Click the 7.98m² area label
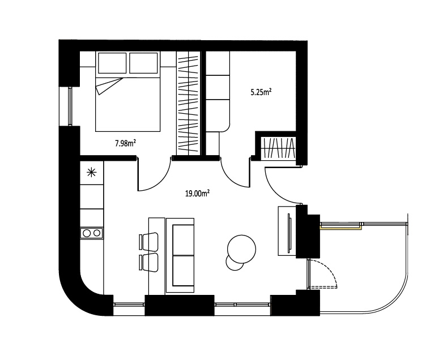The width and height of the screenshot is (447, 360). (125, 143)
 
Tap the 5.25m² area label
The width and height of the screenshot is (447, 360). (261, 92)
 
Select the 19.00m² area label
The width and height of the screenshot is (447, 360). (198, 194)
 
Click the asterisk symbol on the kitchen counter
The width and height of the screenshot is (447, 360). (91, 173)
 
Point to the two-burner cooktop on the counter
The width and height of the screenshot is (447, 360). (92, 233)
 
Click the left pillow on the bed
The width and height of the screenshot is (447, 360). (112, 63)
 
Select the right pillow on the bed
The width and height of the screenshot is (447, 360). (143, 63)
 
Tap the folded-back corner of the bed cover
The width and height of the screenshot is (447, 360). (108, 85)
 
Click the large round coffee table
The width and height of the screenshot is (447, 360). (241, 249)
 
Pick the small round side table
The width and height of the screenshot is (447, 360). (235, 263)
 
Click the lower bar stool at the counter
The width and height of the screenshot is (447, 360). (148, 263)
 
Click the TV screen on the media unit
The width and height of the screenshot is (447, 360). (290, 233)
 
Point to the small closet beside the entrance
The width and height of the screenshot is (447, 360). (279, 148)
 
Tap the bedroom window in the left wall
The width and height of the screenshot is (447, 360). (70, 106)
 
